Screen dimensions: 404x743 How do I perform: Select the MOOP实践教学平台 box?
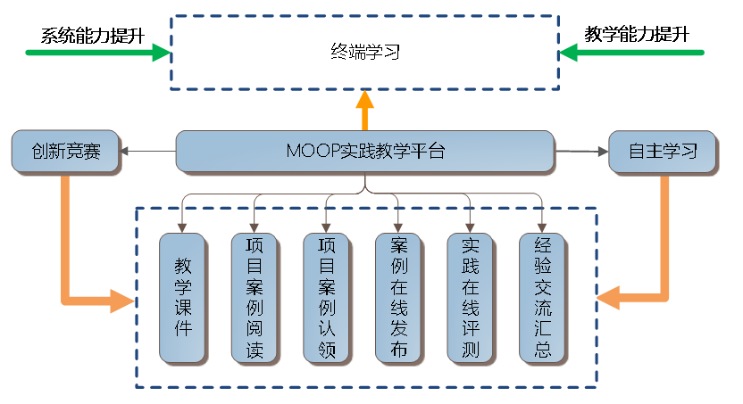pos(364,151)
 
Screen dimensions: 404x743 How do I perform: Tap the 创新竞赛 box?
pos(65,151)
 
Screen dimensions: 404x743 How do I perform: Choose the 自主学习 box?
pos(662,151)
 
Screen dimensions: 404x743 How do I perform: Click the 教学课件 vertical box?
pos(183,297)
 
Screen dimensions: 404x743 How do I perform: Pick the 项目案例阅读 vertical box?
pos(255,297)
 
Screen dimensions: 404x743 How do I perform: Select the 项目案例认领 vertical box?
pos(327,297)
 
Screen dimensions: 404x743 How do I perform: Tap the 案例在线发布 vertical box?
pos(398,297)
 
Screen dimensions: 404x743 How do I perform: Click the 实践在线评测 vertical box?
pos(471,297)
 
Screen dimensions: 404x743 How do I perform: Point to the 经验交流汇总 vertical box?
pos(542,297)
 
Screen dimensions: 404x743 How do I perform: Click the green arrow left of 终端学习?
pos(98,53)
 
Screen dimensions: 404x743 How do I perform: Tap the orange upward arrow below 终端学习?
pos(364,111)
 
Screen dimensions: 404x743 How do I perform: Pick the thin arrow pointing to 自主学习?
pos(580,151)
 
